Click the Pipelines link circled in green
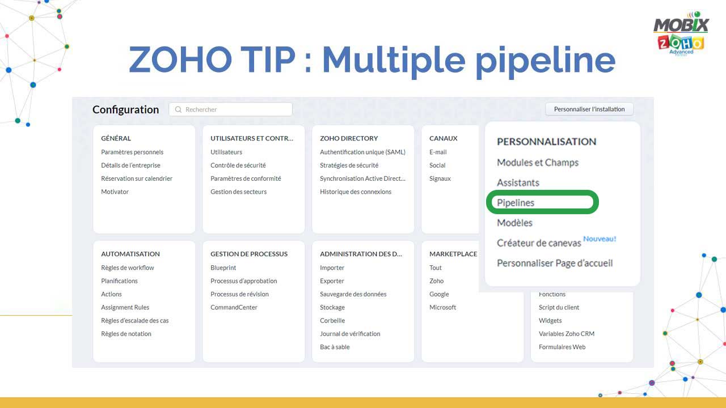(x=516, y=203)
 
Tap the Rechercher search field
(x=230, y=109)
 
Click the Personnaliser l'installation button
(x=589, y=109)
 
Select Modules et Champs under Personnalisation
(x=538, y=163)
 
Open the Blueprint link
(x=223, y=268)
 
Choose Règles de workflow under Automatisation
(x=128, y=268)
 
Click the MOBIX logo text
(x=681, y=25)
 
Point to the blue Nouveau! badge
(x=600, y=239)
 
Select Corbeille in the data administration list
(x=332, y=321)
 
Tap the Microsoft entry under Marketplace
(x=442, y=307)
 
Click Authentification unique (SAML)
(x=362, y=152)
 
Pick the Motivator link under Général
(x=115, y=192)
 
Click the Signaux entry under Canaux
(x=440, y=178)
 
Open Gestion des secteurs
(x=238, y=192)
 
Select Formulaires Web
(x=562, y=347)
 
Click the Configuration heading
(x=125, y=109)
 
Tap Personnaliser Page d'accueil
(x=555, y=263)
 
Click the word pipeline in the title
(x=545, y=61)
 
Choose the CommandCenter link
(x=234, y=307)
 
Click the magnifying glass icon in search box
(x=178, y=109)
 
